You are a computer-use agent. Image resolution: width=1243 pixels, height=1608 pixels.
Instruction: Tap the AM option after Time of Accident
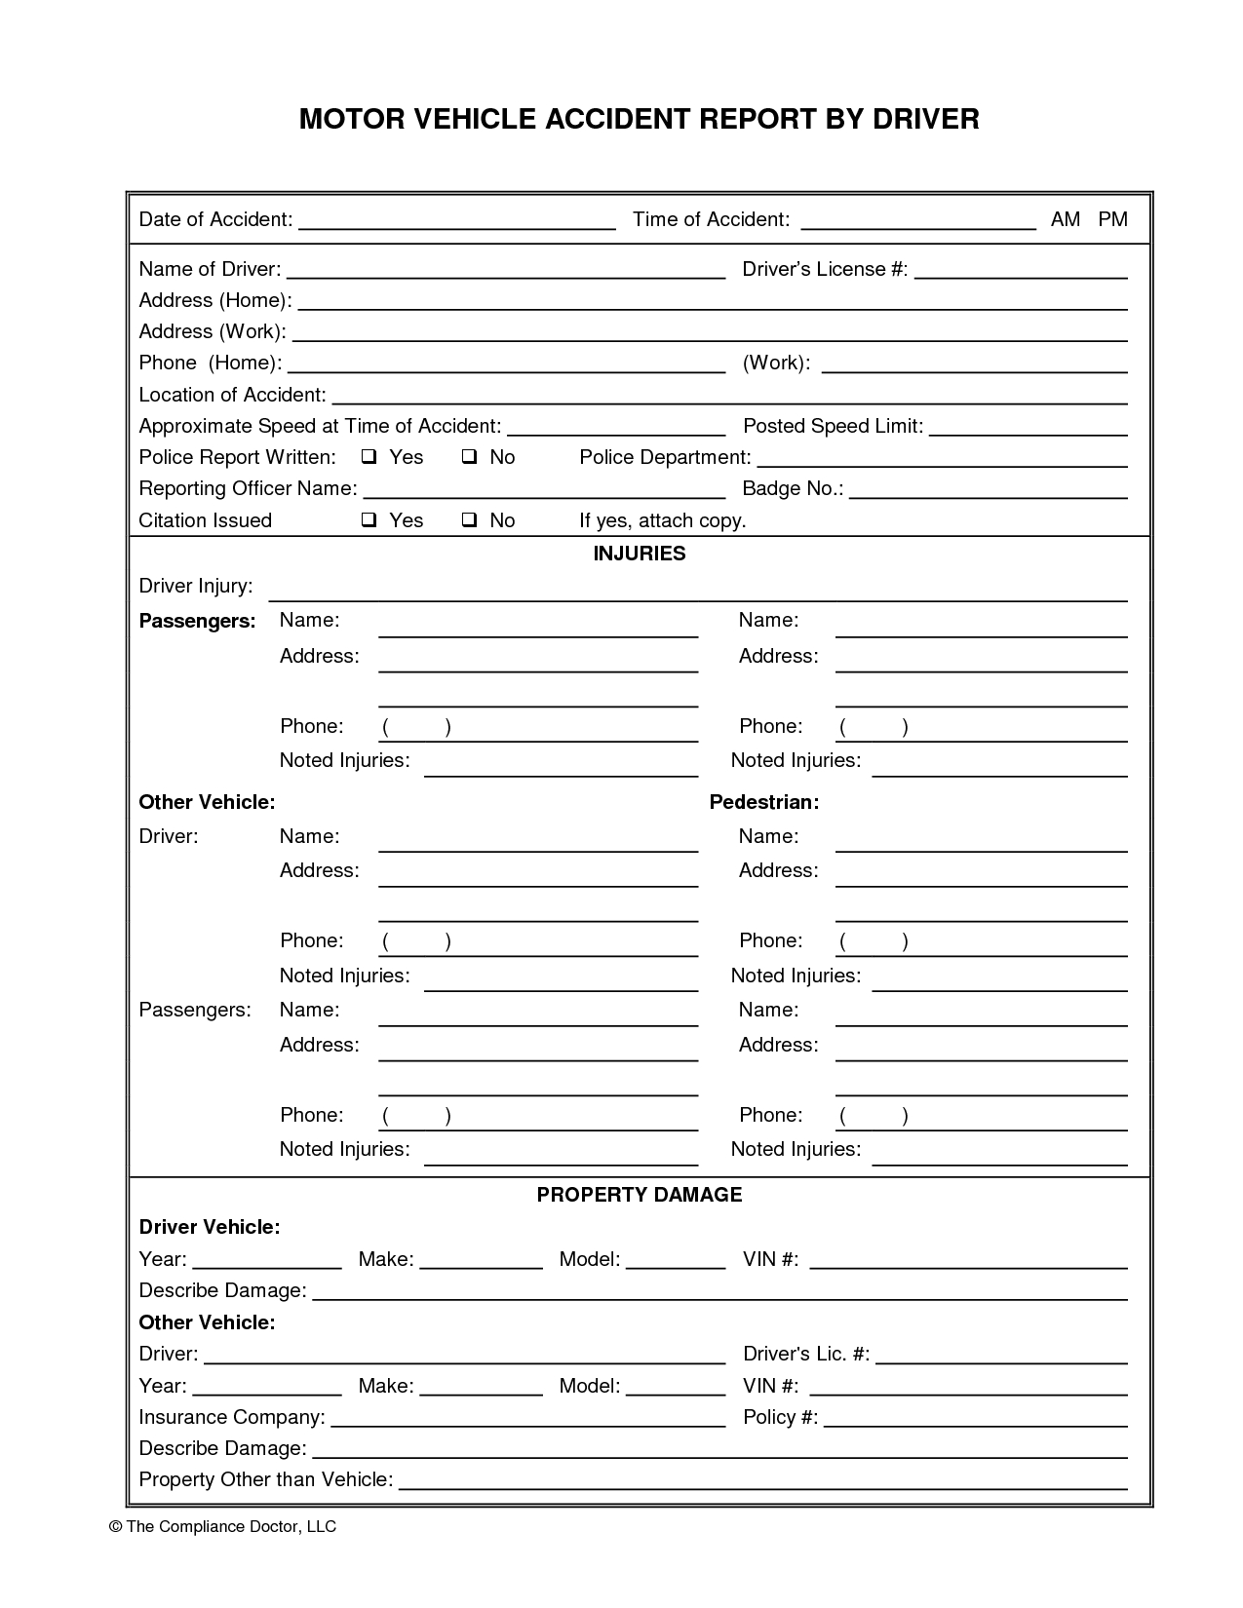click(x=1065, y=219)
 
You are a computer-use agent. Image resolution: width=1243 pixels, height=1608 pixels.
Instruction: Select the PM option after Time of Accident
click(x=1112, y=219)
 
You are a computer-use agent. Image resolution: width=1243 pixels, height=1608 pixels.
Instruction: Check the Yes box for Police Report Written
click(x=369, y=457)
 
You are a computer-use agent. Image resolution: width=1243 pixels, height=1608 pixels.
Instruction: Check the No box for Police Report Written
click(x=469, y=457)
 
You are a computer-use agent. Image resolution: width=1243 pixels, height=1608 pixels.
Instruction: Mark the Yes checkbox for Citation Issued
click(x=369, y=520)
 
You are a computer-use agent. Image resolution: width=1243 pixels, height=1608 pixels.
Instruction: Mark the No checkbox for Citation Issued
click(x=469, y=520)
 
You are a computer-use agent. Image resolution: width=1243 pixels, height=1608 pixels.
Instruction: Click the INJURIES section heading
click(x=639, y=554)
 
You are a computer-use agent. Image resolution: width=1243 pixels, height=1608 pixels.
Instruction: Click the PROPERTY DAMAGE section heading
click(x=639, y=1195)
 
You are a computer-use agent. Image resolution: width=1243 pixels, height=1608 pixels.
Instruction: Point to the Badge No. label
click(x=792, y=488)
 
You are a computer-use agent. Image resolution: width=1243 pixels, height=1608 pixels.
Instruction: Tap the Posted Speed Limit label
click(x=832, y=426)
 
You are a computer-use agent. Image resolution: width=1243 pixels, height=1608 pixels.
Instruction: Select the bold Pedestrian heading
click(x=763, y=802)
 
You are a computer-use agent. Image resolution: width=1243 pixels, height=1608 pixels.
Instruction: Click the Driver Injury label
click(x=195, y=586)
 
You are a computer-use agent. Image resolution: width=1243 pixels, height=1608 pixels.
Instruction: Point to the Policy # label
click(x=780, y=1417)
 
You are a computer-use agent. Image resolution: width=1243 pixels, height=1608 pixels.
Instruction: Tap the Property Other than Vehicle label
click(x=265, y=1479)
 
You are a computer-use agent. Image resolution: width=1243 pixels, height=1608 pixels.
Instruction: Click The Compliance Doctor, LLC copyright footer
click(x=223, y=1526)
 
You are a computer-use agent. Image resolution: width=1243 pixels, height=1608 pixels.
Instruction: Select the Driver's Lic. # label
click(x=805, y=1354)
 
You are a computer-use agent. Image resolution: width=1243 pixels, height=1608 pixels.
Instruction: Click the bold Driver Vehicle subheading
click(x=209, y=1227)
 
